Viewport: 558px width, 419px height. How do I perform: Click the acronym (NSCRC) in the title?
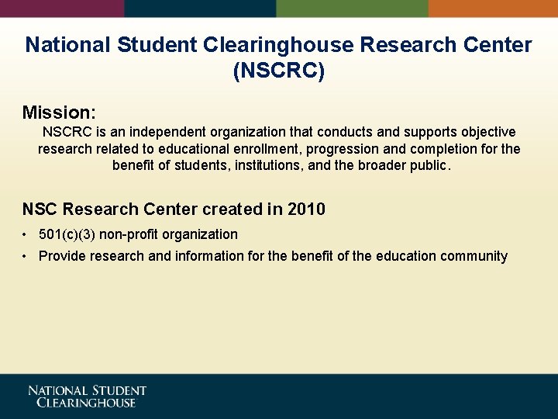click(279, 71)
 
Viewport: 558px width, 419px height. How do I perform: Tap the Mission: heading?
click(59, 113)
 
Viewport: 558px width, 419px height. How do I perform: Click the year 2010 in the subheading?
click(306, 209)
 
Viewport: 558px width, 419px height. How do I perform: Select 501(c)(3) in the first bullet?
click(66, 234)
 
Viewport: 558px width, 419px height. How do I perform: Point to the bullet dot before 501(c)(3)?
click(26, 234)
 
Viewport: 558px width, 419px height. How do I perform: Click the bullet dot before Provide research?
click(26, 256)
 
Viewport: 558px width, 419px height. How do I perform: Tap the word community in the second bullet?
click(474, 256)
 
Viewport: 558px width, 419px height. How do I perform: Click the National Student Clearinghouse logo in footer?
click(87, 396)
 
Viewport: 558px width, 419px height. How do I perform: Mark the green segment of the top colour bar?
click(352, 8)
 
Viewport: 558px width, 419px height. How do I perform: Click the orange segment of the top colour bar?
click(493, 8)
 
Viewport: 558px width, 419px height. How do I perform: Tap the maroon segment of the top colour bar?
click(62, 8)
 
